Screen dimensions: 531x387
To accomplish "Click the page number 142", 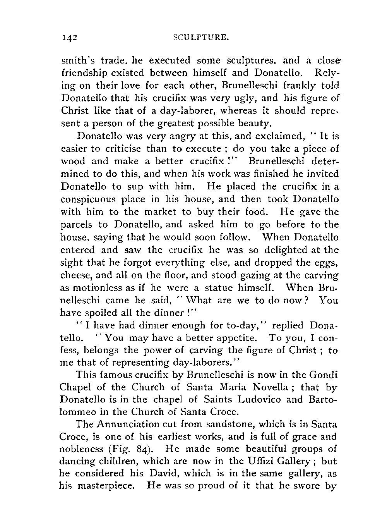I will tap(69, 38).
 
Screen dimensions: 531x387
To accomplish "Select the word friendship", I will tap(86, 73).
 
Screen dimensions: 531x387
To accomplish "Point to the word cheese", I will tap(76, 275).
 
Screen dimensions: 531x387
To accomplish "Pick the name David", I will tap(165, 473).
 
